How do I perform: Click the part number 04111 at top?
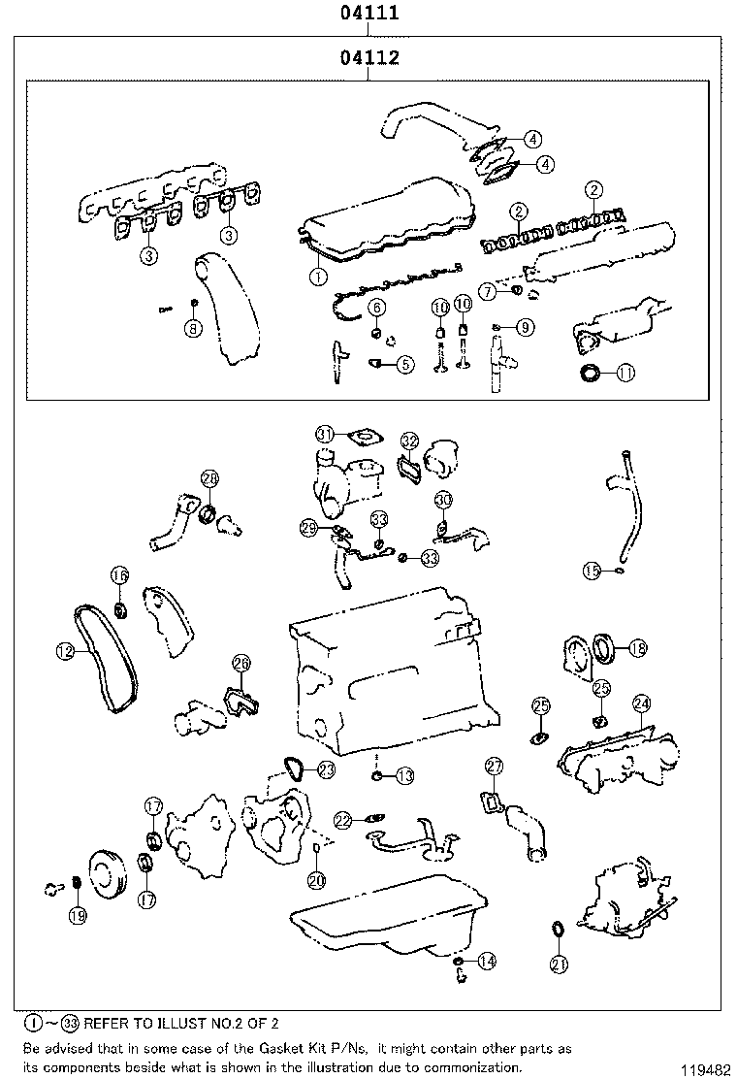click(x=369, y=14)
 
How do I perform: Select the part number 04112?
click(x=369, y=58)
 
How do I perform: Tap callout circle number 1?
click(x=315, y=276)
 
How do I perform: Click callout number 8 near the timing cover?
click(x=193, y=328)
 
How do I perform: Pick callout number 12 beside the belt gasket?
click(x=64, y=652)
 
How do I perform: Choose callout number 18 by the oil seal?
click(x=637, y=647)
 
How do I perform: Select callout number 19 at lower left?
click(x=77, y=914)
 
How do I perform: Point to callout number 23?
click(x=326, y=769)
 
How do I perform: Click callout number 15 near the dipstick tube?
click(x=592, y=571)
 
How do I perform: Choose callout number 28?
click(x=209, y=477)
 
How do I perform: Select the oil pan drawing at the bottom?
click(x=388, y=922)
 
